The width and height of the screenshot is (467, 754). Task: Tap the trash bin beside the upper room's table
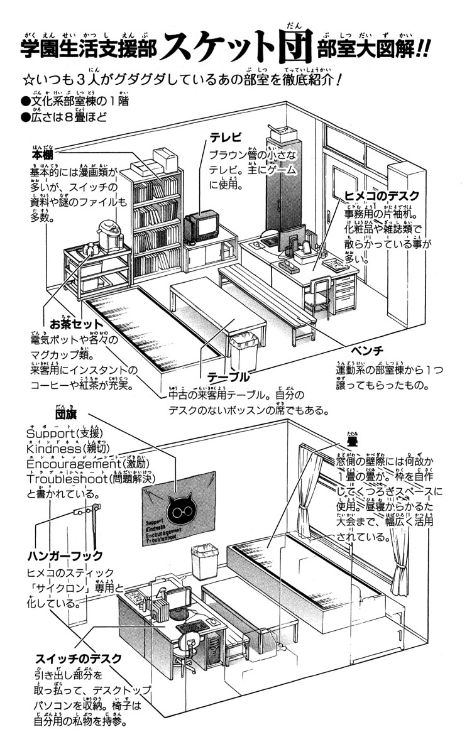pos(244,352)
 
